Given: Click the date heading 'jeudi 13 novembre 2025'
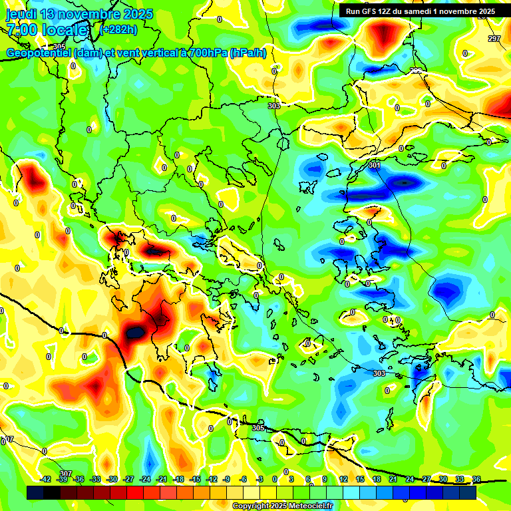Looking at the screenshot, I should [x=80, y=14].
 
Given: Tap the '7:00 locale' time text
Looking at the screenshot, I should [x=47, y=30].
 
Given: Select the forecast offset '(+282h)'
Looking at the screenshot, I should [x=119, y=29].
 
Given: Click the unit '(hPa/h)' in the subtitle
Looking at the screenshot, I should [x=250, y=53].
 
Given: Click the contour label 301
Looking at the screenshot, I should [x=374, y=164].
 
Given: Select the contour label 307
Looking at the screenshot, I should [x=65, y=473].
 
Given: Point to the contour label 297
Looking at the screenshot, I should [x=494, y=39].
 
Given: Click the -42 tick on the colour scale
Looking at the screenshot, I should [x=45, y=479].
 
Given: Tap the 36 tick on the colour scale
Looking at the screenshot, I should [x=476, y=479].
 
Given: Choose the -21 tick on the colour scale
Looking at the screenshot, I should [x=162, y=479].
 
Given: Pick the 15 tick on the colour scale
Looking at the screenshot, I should [x=360, y=479].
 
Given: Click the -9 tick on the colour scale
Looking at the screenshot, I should [x=227, y=479].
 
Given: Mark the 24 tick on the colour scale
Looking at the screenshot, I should [x=409, y=479].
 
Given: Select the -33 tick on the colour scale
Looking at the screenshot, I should [x=95, y=479].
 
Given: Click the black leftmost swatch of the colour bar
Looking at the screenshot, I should [x=35, y=493].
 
